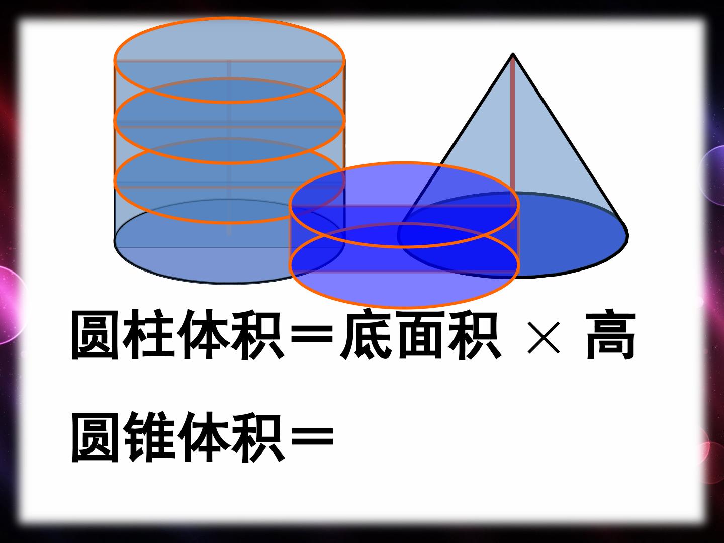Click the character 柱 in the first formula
pos(148,334)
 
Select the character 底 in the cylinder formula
pos(367,334)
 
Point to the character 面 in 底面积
pos(420,334)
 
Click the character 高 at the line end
pos(610,334)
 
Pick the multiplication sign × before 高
pos(544,337)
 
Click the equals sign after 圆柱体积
pos(312,334)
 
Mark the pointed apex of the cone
pos(513,54)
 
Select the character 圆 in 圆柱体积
pos(95,334)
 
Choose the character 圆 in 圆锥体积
pos(95,437)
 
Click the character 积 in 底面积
pos(474,334)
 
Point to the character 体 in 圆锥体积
pos(203,437)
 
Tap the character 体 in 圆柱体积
pos(203,334)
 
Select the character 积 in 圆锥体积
pos(257,437)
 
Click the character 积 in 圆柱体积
pos(257,334)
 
